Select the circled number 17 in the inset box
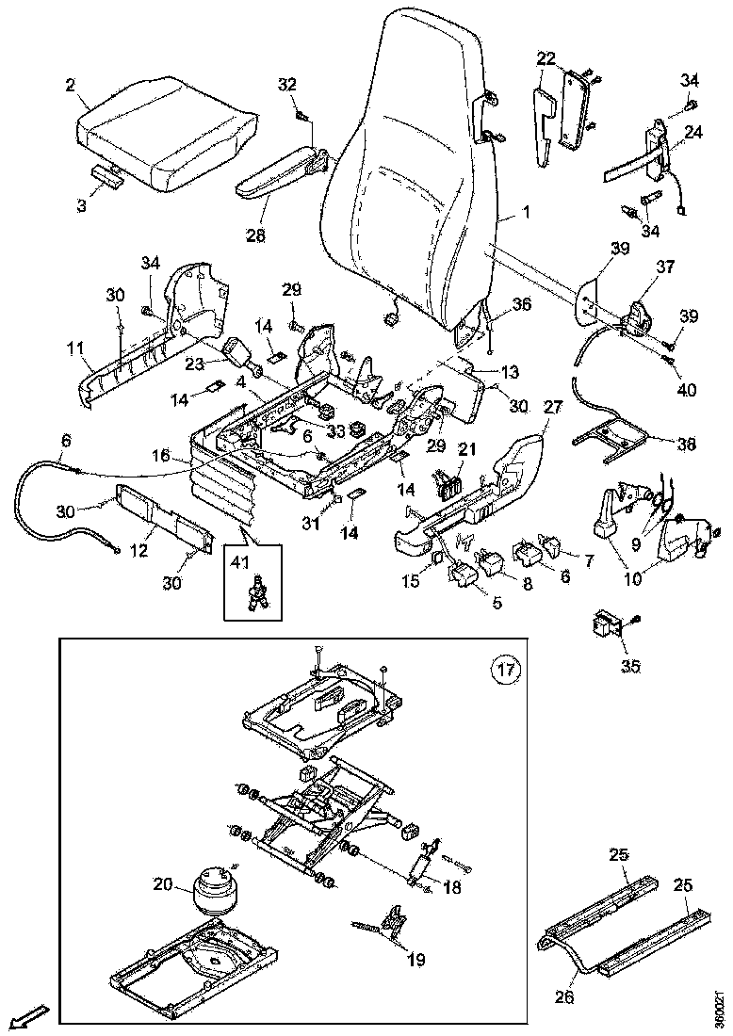(x=505, y=670)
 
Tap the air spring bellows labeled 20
(x=215, y=889)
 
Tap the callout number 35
(x=629, y=665)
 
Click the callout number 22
(x=546, y=58)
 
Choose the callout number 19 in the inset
(x=415, y=960)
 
